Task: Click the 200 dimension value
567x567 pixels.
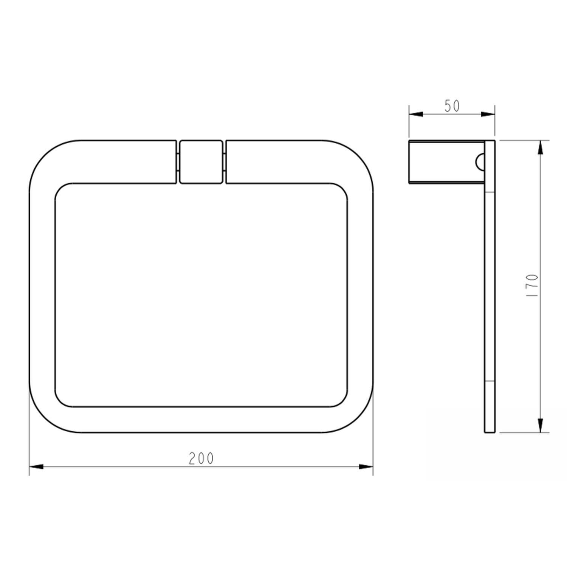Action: coord(201,459)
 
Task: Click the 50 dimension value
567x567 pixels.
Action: coord(452,106)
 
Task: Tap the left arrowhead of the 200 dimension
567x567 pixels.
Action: coord(36,467)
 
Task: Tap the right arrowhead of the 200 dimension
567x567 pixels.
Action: coord(366,467)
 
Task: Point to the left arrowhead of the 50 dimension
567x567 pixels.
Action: coord(416,114)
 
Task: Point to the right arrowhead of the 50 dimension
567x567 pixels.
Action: coord(488,114)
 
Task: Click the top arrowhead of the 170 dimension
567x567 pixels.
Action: coord(541,147)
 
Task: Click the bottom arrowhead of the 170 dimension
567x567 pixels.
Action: coord(541,425)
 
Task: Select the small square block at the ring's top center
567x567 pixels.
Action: coord(201,162)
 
